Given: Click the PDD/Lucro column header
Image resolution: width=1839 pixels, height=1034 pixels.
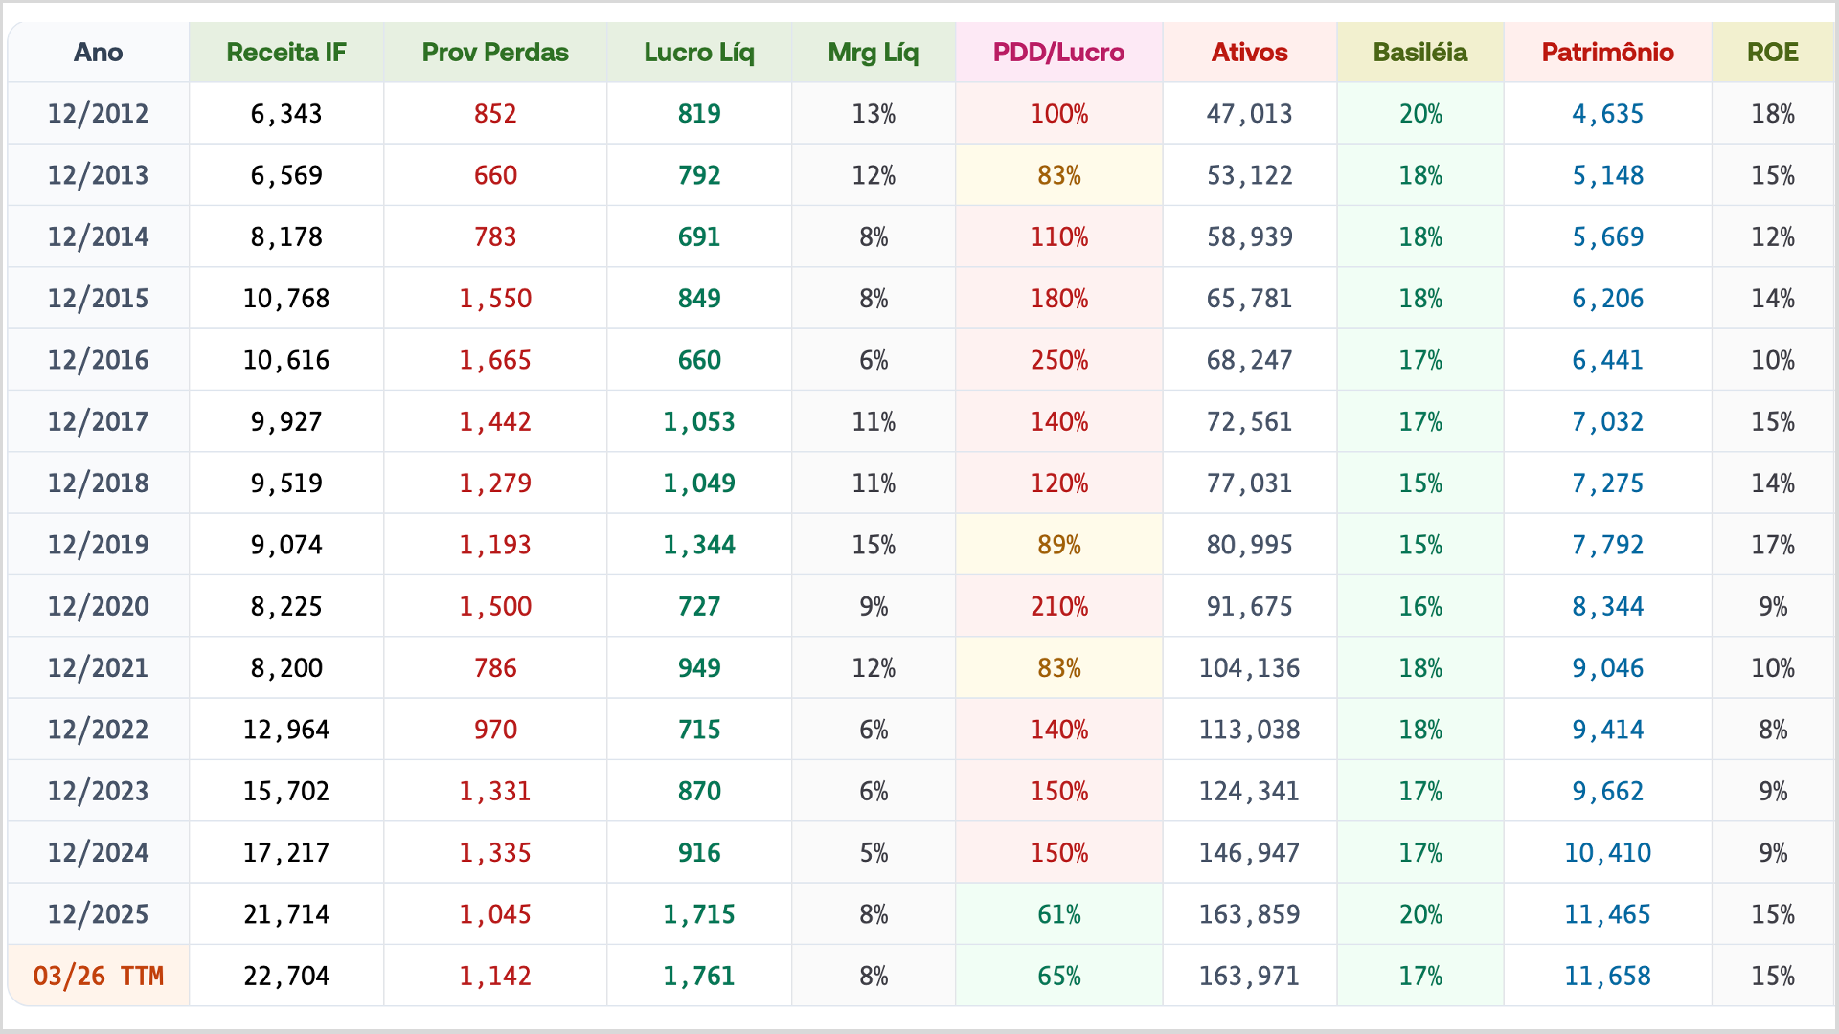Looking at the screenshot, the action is (1058, 53).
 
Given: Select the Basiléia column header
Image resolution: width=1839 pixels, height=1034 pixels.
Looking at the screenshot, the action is (1419, 53).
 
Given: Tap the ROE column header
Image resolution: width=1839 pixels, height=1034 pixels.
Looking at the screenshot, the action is (1772, 53).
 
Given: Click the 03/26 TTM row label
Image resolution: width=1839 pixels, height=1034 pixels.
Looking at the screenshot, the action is (99, 976).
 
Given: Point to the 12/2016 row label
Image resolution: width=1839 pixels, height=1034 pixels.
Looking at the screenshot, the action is (99, 360).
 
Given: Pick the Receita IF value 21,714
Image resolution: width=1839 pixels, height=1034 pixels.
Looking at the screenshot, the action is (286, 914).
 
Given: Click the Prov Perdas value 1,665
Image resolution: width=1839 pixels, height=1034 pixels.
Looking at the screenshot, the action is (495, 360).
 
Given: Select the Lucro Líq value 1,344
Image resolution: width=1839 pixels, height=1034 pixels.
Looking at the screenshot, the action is (699, 545).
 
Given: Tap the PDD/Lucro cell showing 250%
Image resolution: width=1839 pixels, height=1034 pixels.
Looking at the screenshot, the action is (1058, 360).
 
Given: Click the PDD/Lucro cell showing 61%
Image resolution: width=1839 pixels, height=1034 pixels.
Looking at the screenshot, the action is (1058, 914).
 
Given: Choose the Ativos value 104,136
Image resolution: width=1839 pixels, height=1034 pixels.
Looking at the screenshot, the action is (1249, 668).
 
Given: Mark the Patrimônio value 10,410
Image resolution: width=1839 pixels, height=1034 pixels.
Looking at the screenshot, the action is (1607, 853).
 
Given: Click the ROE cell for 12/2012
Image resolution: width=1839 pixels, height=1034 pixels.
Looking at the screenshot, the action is (1772, 114).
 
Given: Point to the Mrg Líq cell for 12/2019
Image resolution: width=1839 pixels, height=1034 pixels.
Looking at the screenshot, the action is (874, 545).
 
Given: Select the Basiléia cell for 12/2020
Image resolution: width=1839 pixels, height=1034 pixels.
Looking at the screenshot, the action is (1419, 606).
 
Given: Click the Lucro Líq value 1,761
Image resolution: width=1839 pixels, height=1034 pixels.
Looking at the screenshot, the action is (699, 976).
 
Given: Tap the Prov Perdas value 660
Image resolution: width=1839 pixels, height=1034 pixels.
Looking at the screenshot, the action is (495, 175).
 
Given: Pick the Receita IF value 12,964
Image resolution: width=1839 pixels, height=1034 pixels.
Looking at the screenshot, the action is (286, 730).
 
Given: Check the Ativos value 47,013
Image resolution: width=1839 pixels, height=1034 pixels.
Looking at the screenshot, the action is (1249, 114).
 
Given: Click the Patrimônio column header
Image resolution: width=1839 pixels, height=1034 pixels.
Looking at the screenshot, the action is (1607, 53).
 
